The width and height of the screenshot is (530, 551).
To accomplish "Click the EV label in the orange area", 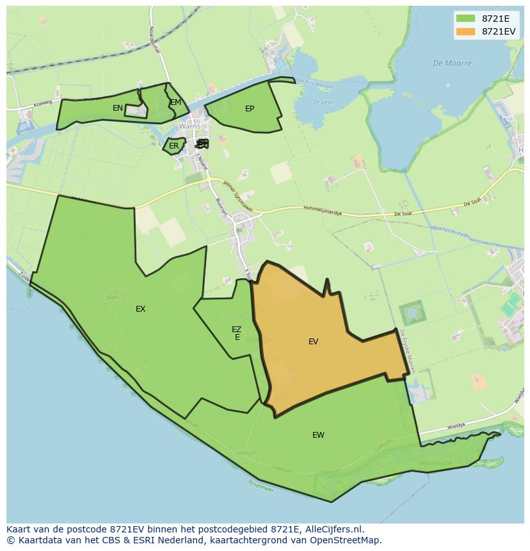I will click(313, 342).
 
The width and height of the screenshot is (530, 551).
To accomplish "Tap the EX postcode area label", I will click(140, 309).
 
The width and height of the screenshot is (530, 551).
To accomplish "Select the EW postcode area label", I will click(318, 435).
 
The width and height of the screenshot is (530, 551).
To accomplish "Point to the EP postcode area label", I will click(250, 109).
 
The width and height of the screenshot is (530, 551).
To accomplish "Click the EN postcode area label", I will click(118, 108).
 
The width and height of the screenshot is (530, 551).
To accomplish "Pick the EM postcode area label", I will click(175, 102).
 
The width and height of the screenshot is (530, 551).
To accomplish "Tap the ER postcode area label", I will click(174, 146).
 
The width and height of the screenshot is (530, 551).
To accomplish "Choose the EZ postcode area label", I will click(237, 329).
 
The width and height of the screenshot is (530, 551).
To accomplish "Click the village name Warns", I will click(189, 126).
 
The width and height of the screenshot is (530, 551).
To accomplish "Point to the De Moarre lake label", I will click(452, 63).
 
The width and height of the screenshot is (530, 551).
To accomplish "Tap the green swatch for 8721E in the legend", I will click(465, 19).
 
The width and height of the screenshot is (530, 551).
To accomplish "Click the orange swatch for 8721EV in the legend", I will click(465, 31).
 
